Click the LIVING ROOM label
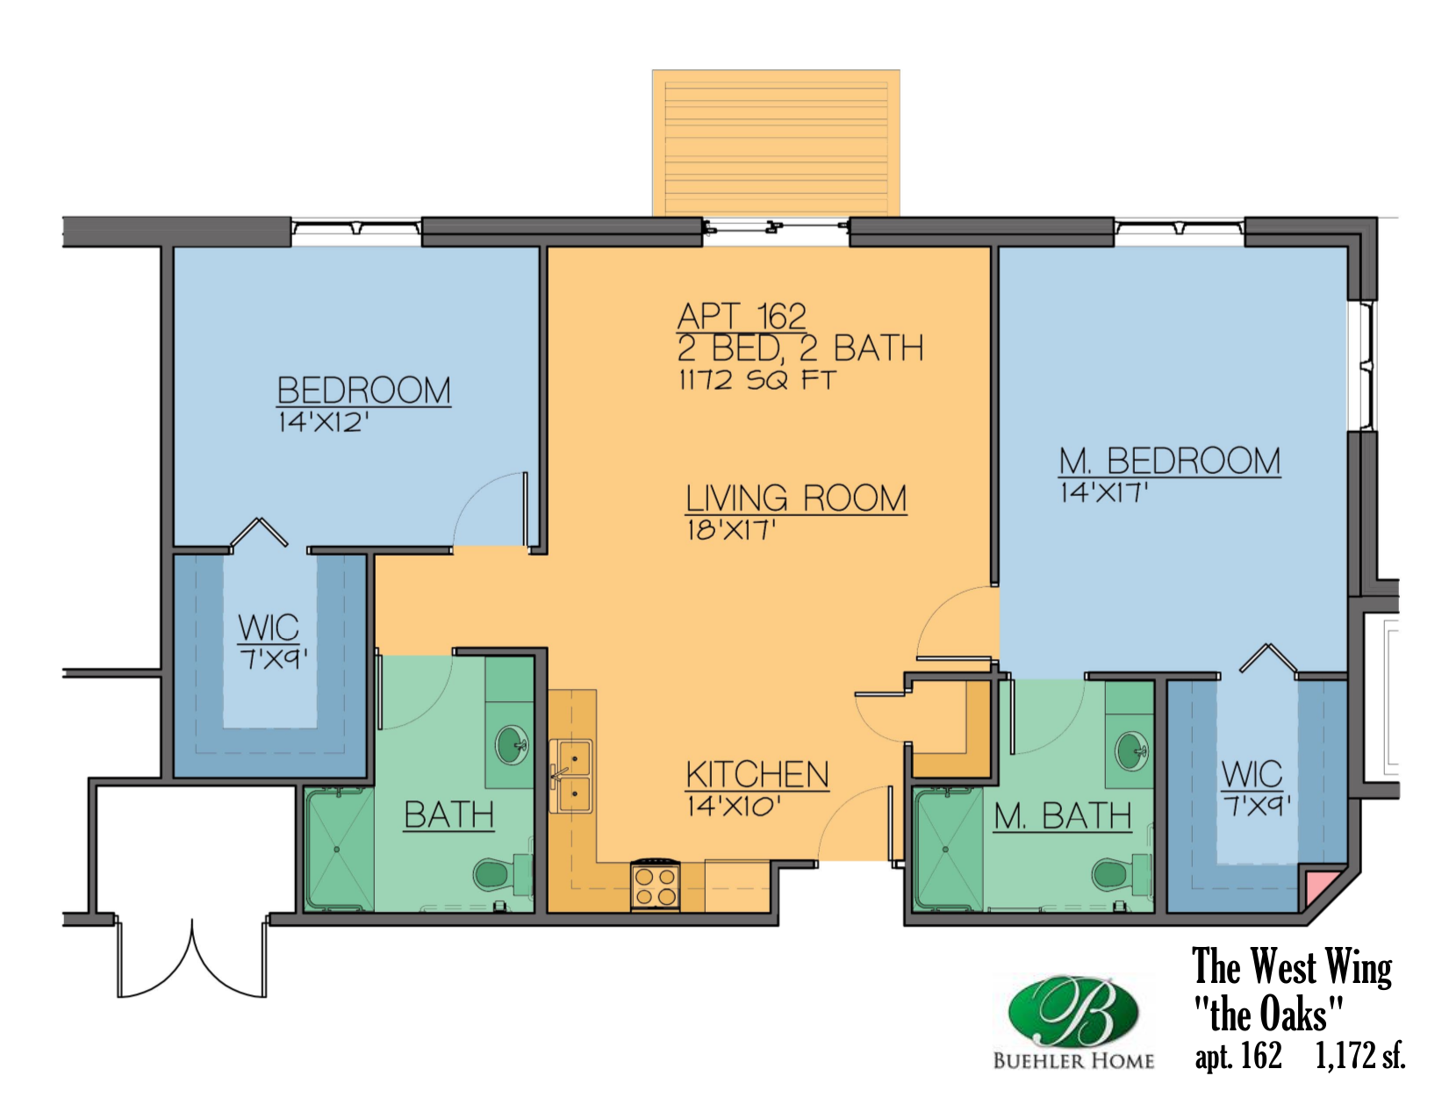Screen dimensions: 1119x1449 pos(795,499)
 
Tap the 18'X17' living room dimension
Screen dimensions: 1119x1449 pos(731,530)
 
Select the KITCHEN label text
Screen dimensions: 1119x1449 pos(757,775)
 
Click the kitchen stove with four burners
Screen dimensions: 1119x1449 pos(655,885)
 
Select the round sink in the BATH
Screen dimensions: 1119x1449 pos(512,745)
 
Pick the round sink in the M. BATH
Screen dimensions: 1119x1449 pos(1131,752)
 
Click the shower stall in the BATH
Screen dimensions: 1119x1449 pos(339,850)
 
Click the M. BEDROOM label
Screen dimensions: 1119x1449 pos(1169,462)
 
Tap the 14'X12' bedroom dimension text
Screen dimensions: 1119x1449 pos(323,423)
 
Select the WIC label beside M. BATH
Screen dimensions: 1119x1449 pos(1252,774)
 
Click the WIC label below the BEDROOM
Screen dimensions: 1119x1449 pos(269,628)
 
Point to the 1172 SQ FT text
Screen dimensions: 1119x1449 pos(757,380)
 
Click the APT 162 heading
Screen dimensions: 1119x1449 pos(742,316)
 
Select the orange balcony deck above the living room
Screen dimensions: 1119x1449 pos(776,142)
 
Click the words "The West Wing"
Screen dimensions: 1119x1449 pos(1291,967)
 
